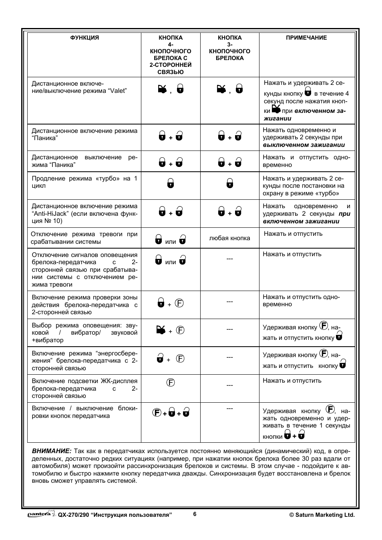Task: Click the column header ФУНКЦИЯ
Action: pyautogui.click(x=84, y=38)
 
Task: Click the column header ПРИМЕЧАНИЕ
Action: pyautogui.click(x=306, y=38)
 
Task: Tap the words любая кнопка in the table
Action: pyautogui.click(x=229, y=238)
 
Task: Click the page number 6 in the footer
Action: pyautogui.click(x=195, y=514)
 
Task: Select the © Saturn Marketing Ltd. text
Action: pyautogui.click(x=322, y=515)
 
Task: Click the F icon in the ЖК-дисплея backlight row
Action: pyautogui.click(x=171, y=383)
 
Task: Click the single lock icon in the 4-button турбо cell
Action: pyautogui.click(x=171, y=183)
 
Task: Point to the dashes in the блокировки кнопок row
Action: pyautogui.click(x=229, y=408)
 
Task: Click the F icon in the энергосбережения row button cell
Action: pyautogui.click(x=181, y=359)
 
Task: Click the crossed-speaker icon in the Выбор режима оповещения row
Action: pyautogui.click(x=161, y=330)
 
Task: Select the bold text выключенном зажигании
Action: pyautogui.click(x=304, y=145)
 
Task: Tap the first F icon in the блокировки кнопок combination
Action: pyautogui.click(x=157, y=413)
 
